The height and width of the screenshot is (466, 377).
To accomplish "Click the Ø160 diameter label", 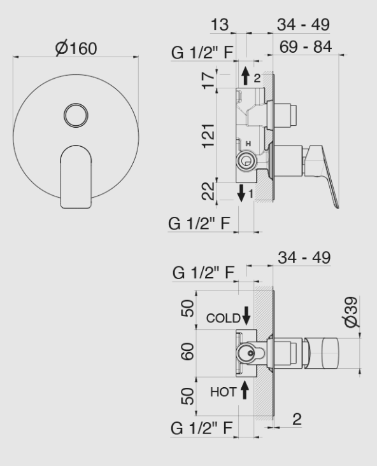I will click(76, 48).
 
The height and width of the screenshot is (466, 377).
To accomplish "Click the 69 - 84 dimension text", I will click(308, 47).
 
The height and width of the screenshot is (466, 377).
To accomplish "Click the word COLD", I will click(224, 318).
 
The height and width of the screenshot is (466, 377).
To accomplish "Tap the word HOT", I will click(224, 392).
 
